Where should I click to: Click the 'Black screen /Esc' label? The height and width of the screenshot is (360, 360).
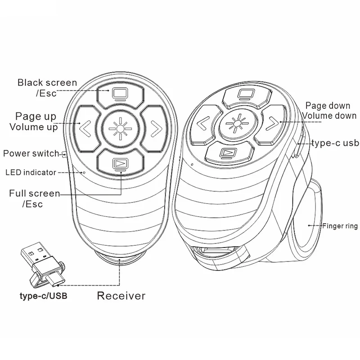(x=47, y=88)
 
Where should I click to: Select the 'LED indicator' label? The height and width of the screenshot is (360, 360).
(x=31, y=172)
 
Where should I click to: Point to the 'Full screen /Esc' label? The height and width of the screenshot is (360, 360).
(x=35, y=198)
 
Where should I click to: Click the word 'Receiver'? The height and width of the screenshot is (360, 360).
(x=121, y=296)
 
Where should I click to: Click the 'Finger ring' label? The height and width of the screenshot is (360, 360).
(x=339, y=225)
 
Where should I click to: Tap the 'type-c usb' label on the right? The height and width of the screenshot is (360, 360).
(x=335, y=143)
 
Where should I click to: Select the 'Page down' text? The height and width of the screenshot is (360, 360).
(x=328, y=106)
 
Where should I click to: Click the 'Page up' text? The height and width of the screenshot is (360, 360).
(x=36, y=117)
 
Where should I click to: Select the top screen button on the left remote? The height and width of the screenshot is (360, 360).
(x=120, y=94)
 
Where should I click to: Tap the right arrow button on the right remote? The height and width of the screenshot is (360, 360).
(x=271, y=122)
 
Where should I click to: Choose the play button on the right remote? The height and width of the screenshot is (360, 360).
(x=227, y=153)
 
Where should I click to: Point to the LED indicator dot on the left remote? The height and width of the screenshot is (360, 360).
(x=84, y=171)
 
